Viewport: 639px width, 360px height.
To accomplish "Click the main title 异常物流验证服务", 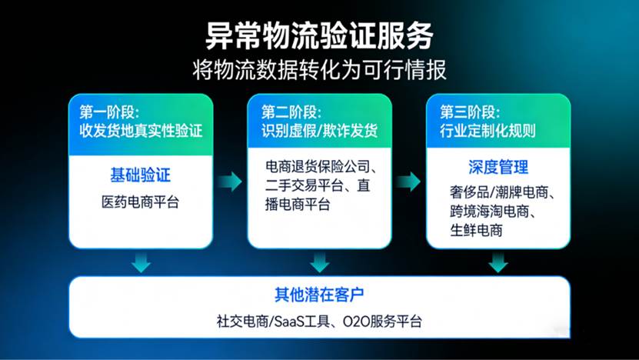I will (x=319, y=35).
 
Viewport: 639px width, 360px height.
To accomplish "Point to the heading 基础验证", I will (x=141, y=175).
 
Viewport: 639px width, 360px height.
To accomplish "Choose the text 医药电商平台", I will (x=141, y=202).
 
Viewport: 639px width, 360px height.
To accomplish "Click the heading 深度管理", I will (x=498, y=167).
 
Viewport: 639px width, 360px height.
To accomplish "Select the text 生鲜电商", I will (x=477, y=230).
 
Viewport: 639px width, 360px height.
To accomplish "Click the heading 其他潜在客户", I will (x=319, y=295).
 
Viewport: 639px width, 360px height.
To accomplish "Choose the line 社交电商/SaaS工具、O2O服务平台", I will (x=319, y=322).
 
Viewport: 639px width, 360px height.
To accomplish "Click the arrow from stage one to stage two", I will (x=229, y=182).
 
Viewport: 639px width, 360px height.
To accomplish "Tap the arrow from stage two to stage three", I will (x=409, y=182).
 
